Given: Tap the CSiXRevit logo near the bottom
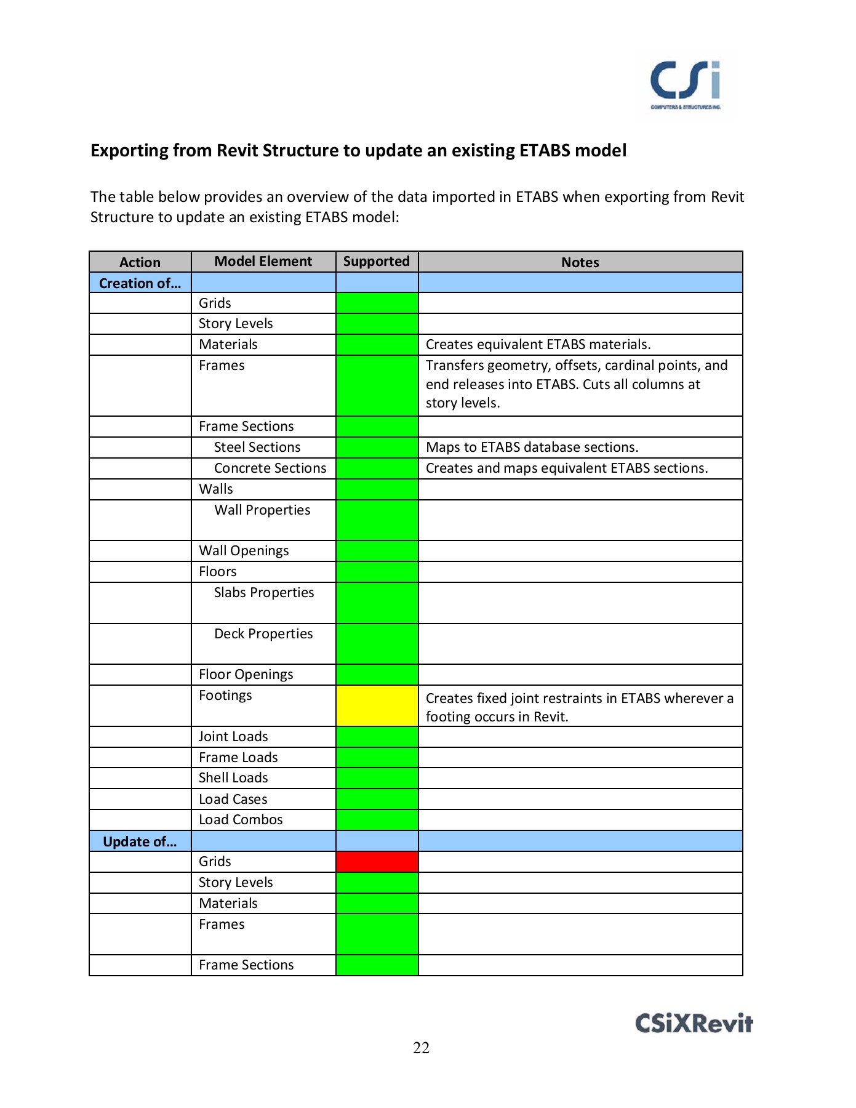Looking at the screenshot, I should click(694, 1023).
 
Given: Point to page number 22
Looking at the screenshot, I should click(421, 1048).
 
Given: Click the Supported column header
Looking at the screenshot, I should click(376, 262).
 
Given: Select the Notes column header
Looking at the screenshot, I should click(580, 262).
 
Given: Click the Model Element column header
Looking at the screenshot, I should click(263, 262).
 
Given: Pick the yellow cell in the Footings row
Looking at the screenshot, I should click(377, 705).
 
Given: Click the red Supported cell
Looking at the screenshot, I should click(377, 862).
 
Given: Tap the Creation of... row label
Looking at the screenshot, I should click(140, 283).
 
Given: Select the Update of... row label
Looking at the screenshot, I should click(140, 841).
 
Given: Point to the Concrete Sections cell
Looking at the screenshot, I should click(270, 468).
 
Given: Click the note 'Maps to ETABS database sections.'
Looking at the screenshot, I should click(532, 448).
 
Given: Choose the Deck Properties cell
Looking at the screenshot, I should click(263, 634).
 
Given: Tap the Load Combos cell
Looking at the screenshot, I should click(241, 820).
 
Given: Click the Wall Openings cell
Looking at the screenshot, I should click(244, 551).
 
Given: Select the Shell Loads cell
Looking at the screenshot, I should click(233, 778).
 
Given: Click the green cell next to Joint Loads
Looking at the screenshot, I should click(377, 737).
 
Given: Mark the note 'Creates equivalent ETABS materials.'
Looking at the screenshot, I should click(538, 345).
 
